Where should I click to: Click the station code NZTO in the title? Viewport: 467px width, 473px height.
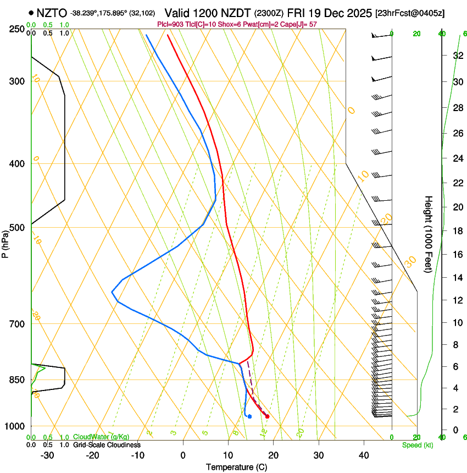[52, 13]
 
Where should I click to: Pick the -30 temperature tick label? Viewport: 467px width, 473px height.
[47, 455]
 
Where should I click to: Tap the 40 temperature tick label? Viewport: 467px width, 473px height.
[364, 455]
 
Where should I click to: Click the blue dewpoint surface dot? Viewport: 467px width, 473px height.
[249, 416]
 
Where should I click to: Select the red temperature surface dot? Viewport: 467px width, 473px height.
[267, 416]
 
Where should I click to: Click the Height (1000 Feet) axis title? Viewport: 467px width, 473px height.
[429, 234]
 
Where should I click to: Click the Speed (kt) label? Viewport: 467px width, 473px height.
[417, 445]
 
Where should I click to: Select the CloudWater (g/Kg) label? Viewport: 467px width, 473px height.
[101, 437]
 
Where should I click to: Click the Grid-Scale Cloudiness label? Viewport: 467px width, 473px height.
[107, 445]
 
